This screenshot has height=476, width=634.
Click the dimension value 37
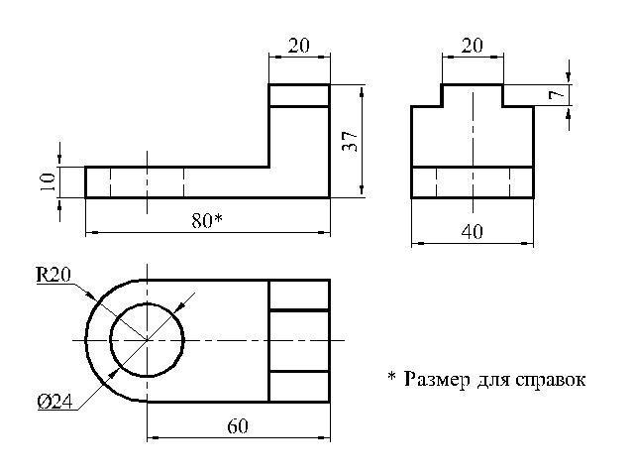click(350, 141)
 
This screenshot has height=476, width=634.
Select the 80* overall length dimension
click(205, 221)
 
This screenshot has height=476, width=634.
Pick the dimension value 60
click(238, 425)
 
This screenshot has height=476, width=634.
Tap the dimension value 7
click(558, 95)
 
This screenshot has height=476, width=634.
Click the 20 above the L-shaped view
click(298, 46)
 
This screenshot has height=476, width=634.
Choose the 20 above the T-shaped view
click(472, 46)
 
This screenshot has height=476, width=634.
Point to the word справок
click(548, 379)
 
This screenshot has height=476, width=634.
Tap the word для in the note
click(490, 379)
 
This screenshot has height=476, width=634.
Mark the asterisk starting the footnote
click(391, 377)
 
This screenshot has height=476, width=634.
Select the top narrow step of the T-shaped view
click(473, 95)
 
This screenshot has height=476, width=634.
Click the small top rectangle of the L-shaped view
click(299, 95)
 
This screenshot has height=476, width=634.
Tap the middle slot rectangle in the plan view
click(299, 340)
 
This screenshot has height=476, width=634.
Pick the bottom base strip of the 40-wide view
click(473, 182)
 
